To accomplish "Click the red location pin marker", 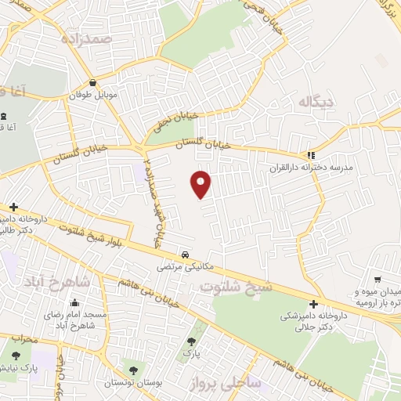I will click(201, 184).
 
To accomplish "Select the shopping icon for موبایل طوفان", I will click(93, 83).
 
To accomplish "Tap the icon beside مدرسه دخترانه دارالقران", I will click(311, 155).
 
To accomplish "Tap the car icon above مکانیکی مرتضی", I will click(185, 255).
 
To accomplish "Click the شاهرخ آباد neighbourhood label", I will click(54, 280).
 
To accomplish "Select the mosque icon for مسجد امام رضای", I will click(74, 303).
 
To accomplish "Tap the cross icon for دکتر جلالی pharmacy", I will click(313, 304).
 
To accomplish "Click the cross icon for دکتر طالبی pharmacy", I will click(13, 207).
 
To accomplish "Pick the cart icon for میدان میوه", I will click(378, 280).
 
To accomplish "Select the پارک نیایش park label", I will click(20, 367).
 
